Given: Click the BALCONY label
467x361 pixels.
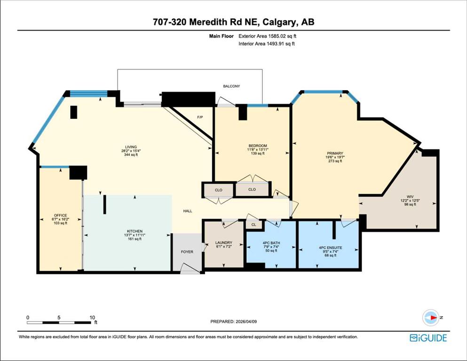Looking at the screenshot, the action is click(x=231, y=86).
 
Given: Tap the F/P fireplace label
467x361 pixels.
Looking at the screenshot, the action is click(x=200, y=117).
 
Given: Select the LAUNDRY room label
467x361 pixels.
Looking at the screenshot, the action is click(x=224, y=243).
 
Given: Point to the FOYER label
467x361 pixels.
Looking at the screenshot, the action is click(x=187, y=252).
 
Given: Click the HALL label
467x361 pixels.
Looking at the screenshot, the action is click(x=188, y=211).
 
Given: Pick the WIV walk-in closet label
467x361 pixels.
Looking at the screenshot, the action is click(x=410, y=197).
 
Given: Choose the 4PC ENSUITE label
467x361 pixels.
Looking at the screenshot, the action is click(x=331, y=248).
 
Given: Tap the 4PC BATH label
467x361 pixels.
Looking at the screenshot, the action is click(x=271, y=243).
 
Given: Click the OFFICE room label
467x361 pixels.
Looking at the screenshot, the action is click(x=61, y=215).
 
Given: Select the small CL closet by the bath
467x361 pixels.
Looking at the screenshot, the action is click(x=254, y=225).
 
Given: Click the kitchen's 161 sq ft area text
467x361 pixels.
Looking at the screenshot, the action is click(x=135, y=239).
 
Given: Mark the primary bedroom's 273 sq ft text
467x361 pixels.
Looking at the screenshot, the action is click(x=335, y=161).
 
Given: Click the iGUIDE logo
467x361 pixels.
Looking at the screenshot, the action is click(x=428, y=338).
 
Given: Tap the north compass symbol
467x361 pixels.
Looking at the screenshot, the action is click(x=431, y=318).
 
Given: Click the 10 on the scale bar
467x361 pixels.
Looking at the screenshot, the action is click(x=92, y=318).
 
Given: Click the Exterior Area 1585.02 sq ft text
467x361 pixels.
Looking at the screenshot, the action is click(x=268, y=36).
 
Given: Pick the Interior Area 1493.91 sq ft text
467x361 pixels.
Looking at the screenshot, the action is click(x=267, y=44).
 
